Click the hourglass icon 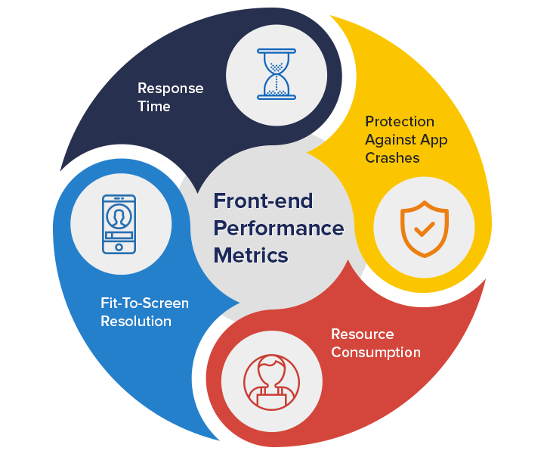coord(277,73)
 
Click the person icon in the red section coord(271,382)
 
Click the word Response coord(170,89)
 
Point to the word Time coord(153,107)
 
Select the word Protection coord(400,122)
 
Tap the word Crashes coord(392,158)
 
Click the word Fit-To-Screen coord(144,303)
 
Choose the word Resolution coord(136,322)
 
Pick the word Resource coord(362,334)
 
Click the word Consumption coord(376,353)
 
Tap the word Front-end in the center coord(263,201)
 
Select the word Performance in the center coord(279,228)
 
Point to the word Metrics coord(251,255)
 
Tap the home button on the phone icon coord(119,247)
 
